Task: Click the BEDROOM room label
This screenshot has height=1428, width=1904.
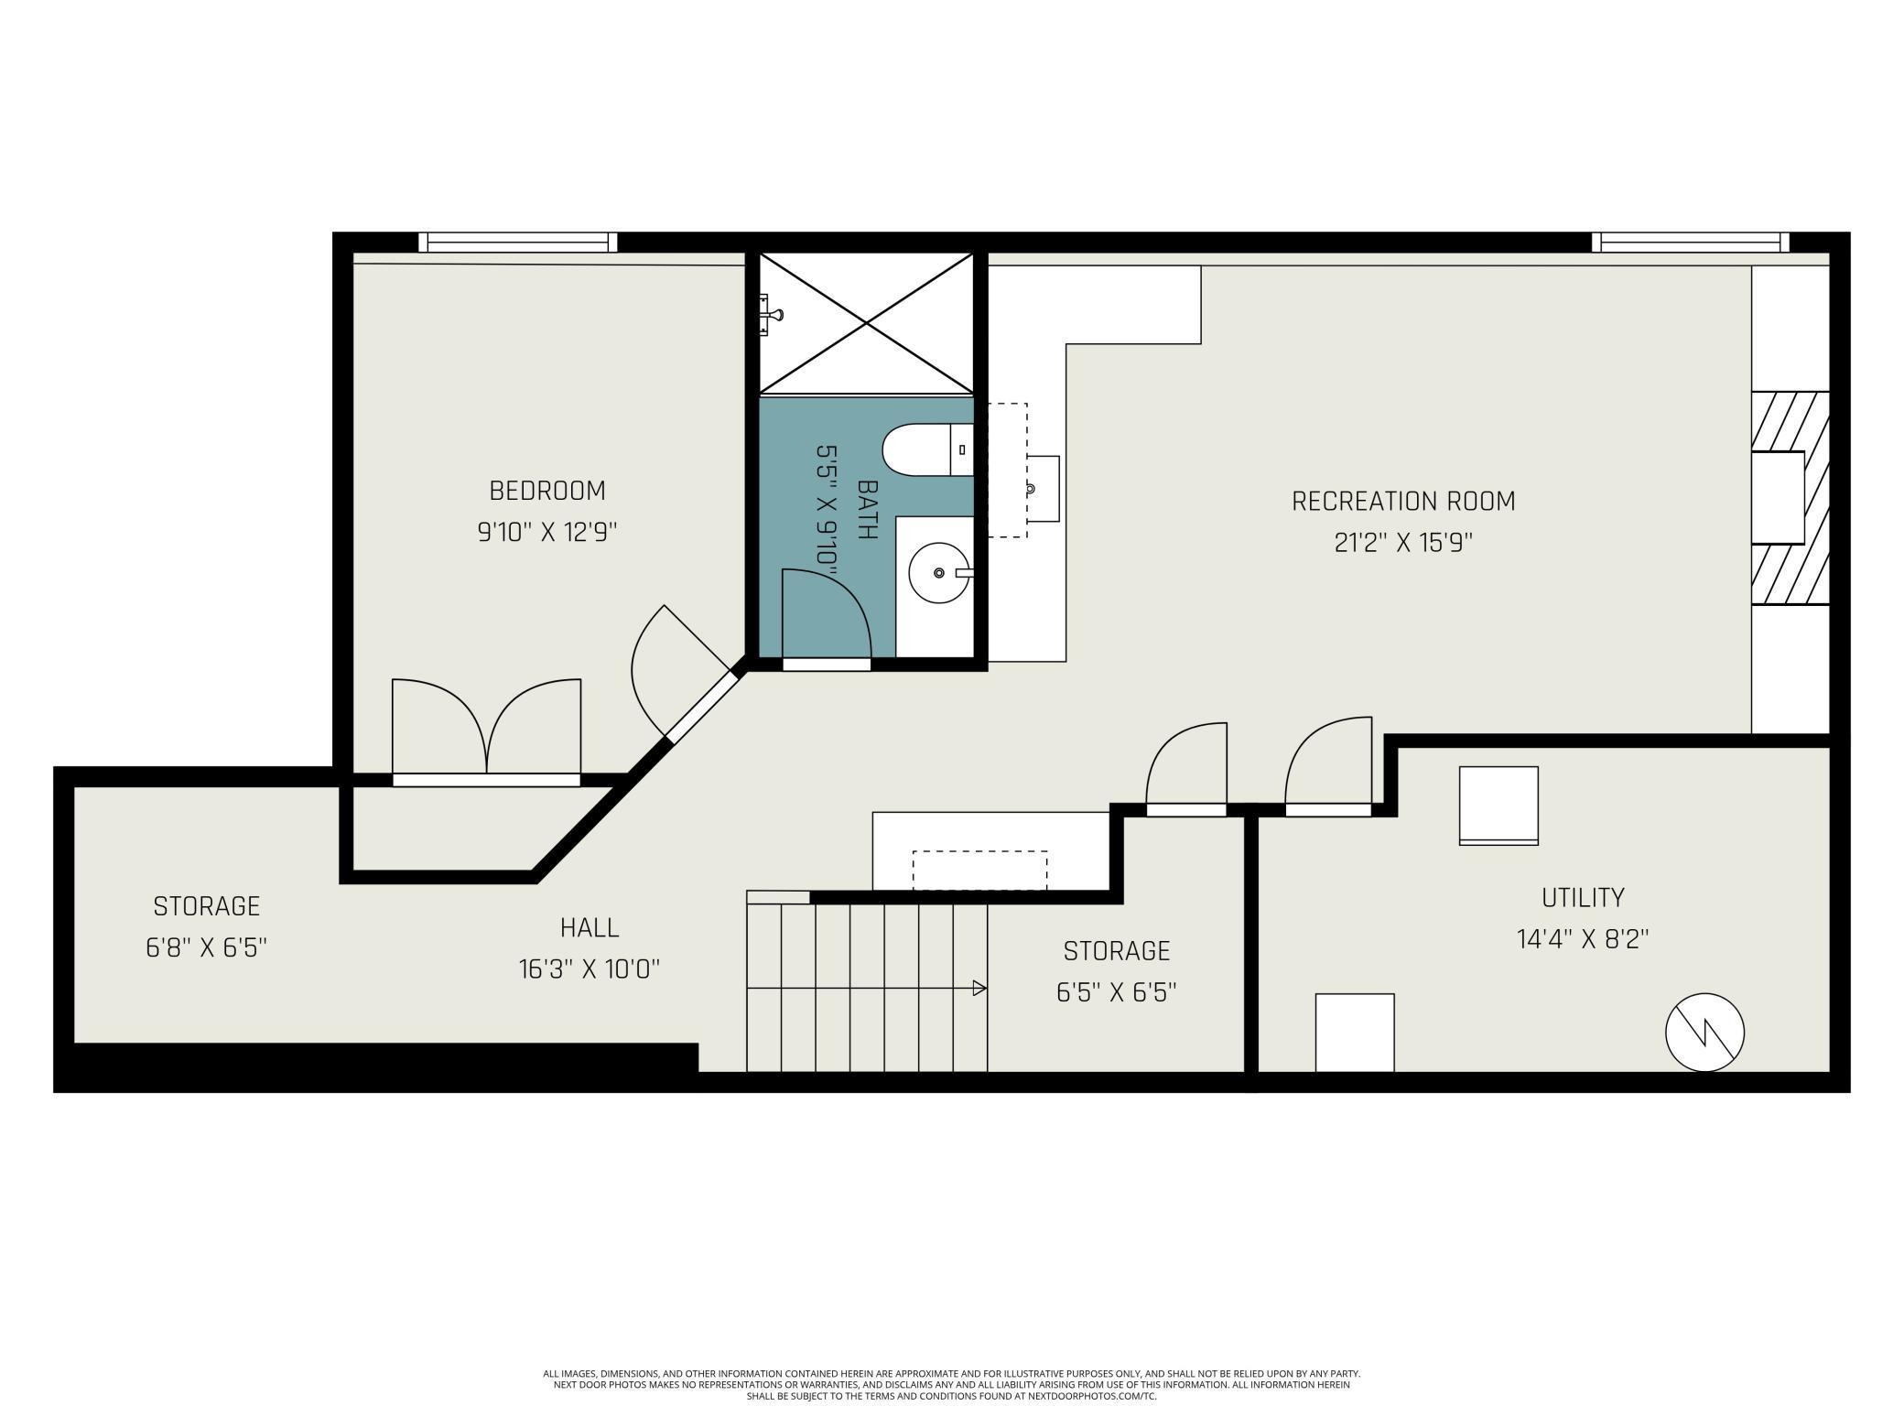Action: click(x=547, y=491)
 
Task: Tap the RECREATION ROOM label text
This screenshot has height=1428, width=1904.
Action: click(x=1403, y=502)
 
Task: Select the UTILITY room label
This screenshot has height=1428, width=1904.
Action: click(x=1583, y=897)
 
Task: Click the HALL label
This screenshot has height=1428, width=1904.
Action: click(x=590, y=927)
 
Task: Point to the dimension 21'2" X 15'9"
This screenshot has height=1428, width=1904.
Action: click(x=1403, y=544)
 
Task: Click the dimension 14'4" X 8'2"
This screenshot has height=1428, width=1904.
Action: click(x=1583, y=940)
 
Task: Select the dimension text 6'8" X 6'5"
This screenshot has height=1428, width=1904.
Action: click(x=206, y=947)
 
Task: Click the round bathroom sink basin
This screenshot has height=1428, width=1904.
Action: click(x=939, y=573)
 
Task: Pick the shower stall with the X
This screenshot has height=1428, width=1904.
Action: click(x=866, y=323)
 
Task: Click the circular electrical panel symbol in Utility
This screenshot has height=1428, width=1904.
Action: click(x=1704, y=1033)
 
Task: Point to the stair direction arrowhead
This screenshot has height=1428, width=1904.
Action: click(x=979, y=989)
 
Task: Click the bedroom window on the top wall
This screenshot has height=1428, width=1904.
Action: click(x=518, y=243)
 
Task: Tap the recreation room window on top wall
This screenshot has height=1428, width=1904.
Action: click(x=1691, y=243)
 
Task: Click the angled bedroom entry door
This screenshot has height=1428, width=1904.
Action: click(x=685, y=673)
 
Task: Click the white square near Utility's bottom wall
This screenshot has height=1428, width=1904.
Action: click(x=1355, y=1033)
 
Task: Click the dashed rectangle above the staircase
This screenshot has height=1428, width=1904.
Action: click(x=979, y=870)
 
